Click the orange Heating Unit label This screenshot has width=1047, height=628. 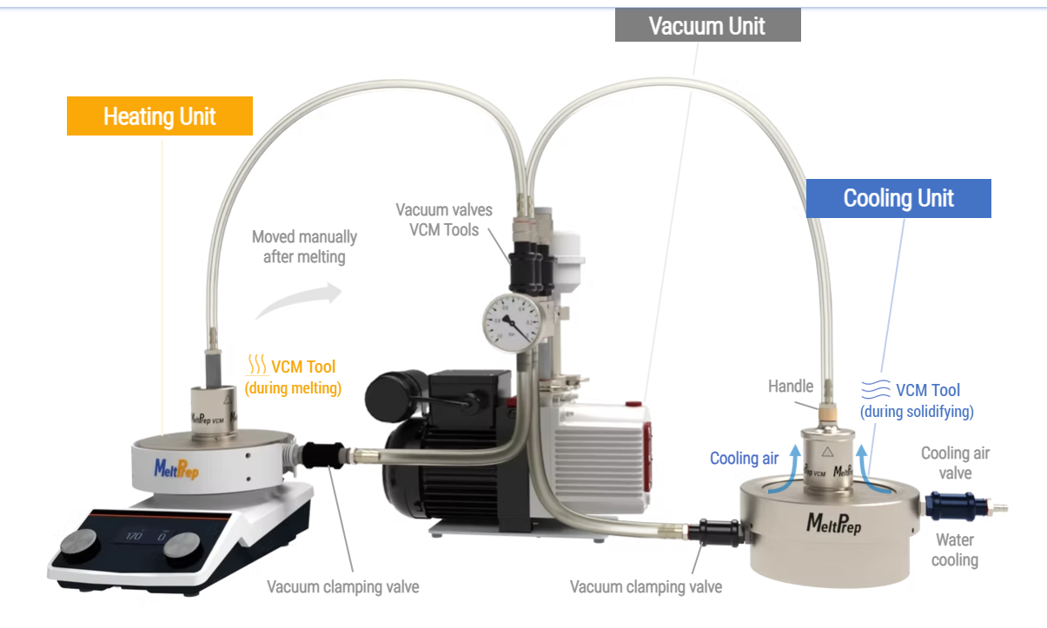160,116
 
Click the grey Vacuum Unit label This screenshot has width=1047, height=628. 707,25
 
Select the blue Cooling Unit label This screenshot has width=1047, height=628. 898,198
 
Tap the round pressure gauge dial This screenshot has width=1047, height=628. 513,323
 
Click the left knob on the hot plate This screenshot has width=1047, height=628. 79,545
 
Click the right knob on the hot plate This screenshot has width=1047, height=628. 182,547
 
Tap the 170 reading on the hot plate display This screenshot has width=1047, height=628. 134,535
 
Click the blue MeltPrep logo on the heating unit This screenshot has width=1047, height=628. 176,469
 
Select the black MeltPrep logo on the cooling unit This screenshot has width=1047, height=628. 833,523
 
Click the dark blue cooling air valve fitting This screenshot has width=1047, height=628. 957,506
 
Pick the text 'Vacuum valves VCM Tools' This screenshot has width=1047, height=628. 444,220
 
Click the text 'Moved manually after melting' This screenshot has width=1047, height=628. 304,247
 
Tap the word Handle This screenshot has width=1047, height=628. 791,386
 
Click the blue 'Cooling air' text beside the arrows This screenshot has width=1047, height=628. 744,459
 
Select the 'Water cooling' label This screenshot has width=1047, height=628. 955,550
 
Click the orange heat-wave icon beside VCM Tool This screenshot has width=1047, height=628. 257,365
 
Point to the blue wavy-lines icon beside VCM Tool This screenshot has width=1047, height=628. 876,389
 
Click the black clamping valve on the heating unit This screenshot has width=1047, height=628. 323,455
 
